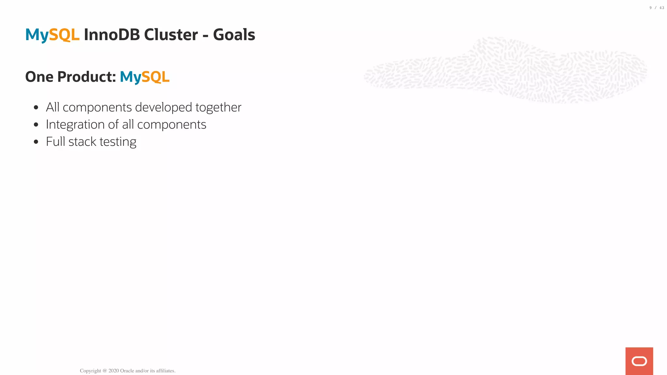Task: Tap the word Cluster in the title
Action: point(171,35)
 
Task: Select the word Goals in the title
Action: point(234,35)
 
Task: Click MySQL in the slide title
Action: point(52,35)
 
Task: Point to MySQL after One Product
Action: point(145,77)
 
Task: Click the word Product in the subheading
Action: point(87,77)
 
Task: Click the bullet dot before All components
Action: point(36,107)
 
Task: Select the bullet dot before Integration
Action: point(36,124)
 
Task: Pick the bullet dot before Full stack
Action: point(36,142)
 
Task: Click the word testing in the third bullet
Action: point(118,142)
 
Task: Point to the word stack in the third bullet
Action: point(82,142)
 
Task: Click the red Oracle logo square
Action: point(639,361)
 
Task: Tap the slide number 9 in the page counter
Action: point(651,8)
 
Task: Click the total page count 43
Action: point(662,8)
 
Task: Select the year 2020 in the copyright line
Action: point(114,371)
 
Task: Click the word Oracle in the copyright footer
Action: point(127,371)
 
